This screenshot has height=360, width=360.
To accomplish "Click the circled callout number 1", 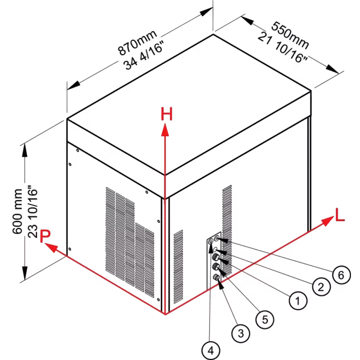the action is (298, 300).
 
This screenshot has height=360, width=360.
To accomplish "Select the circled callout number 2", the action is (321, 287).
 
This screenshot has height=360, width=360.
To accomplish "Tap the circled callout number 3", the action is (240, 333).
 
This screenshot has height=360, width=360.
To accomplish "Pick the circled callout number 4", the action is (211, 350).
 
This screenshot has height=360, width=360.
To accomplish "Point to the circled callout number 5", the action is (264, 319).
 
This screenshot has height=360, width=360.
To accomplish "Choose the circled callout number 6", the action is (341, 275).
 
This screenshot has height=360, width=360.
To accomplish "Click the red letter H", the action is (167, 114).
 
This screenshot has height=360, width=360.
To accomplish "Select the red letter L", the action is (340, 215).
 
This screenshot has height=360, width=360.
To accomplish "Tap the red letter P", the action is (45, 236).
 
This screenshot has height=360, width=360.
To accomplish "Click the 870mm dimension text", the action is (137, 42).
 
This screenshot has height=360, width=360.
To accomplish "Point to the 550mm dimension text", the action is (290, 35).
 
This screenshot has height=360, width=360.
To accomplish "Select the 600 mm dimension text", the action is (17, 212).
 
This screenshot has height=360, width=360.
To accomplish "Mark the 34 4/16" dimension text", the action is (144, 55).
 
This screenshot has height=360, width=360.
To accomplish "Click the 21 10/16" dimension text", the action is (282, 47).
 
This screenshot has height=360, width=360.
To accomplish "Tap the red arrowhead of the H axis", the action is (165, 130).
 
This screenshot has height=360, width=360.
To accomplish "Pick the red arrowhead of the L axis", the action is (327, 221).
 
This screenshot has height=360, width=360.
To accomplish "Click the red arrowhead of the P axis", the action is (51, 248).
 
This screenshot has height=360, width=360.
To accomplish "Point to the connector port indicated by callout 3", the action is (216, 277).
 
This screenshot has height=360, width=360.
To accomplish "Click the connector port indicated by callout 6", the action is (216, 239).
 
